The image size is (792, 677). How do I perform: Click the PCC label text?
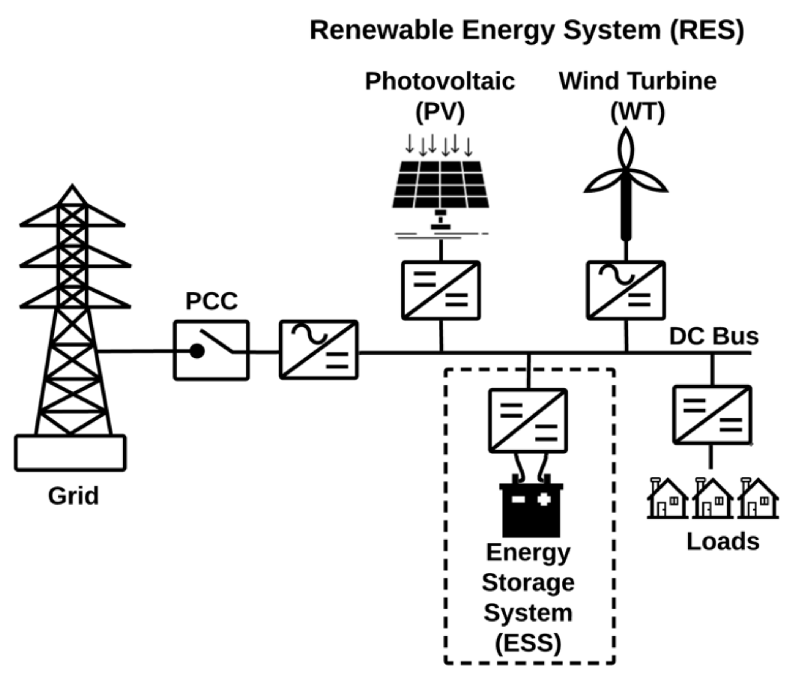pyautogui.click(x=211, y=301)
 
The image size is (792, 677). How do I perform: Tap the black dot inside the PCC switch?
pyautogui.click(x=197, y=351)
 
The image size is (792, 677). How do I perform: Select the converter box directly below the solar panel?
pyautogui.click(x=441, y=290)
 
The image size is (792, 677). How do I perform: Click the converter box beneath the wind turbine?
pyautogui.click(x=626, y=290)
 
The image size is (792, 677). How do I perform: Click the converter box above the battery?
pyautogui.click(x=528, y=421)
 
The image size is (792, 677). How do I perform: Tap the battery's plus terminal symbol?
pyautogui.click(x=544, y=499)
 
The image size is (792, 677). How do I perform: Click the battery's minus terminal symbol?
pyautogui.click(x=518, y=499)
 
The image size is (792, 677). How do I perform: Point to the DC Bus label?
pyautogui.click(x=714, y=337)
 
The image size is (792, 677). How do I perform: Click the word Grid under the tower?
pyautogui.click(x=73, y=496)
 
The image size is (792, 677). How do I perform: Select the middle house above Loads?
pyautogui.click(x=713, y=499)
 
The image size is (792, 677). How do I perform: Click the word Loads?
pyautogui.click(x=723, y=542)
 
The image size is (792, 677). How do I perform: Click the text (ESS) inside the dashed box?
pyautogui.click(x=528, y=643)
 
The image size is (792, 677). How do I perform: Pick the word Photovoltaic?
pyautogui.click(x=440, y=81)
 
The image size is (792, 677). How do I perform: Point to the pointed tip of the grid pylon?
pyautogui.click(x=72, y=187)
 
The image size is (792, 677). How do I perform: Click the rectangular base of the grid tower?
pyautogui.click(x=70, y=453)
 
